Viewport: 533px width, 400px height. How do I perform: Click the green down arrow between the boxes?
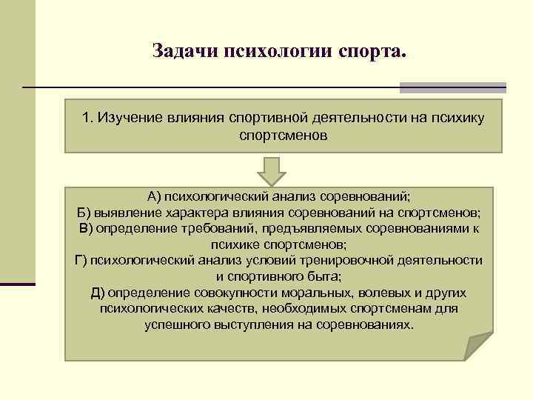272,171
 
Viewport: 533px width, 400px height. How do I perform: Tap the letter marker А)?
154,196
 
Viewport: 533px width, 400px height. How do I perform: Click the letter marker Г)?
81,260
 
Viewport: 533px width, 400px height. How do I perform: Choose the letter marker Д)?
97,293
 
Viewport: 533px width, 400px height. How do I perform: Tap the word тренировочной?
362,260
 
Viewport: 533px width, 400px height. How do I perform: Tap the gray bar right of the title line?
452,87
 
